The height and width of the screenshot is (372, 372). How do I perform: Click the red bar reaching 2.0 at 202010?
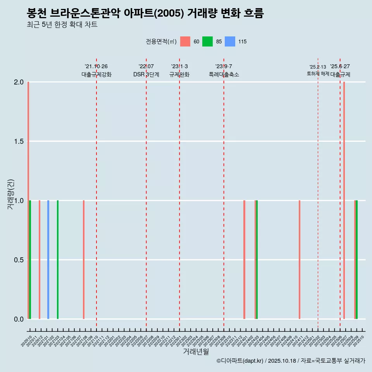point(28,200)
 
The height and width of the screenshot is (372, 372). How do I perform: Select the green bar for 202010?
point(30,260)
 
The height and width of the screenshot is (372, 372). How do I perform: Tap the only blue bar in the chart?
point(48,260)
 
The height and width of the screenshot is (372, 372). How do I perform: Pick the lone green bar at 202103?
point(58,260)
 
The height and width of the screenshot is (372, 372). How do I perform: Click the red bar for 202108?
point(84,260)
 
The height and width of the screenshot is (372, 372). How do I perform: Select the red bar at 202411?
point(300,260)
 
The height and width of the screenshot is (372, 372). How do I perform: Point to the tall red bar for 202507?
point(344,200)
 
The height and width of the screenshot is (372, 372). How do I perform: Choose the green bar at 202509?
point(357,260)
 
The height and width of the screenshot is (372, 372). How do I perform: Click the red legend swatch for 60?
point(185,41)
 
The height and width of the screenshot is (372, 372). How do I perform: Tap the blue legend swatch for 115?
point(230,41)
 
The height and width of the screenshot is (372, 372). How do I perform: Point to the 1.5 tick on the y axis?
point(19,141)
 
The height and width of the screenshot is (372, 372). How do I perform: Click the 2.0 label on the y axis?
point(19,82)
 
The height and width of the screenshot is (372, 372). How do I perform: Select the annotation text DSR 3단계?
point(146,74)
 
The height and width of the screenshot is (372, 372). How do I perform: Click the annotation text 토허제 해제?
point(318,74)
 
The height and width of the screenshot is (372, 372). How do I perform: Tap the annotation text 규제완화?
point(179,74)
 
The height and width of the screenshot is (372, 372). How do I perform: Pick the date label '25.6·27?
point(340,67)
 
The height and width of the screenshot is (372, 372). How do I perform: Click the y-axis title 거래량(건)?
point(11,194)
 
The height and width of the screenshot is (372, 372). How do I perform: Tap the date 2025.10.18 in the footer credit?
point(282,361)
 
